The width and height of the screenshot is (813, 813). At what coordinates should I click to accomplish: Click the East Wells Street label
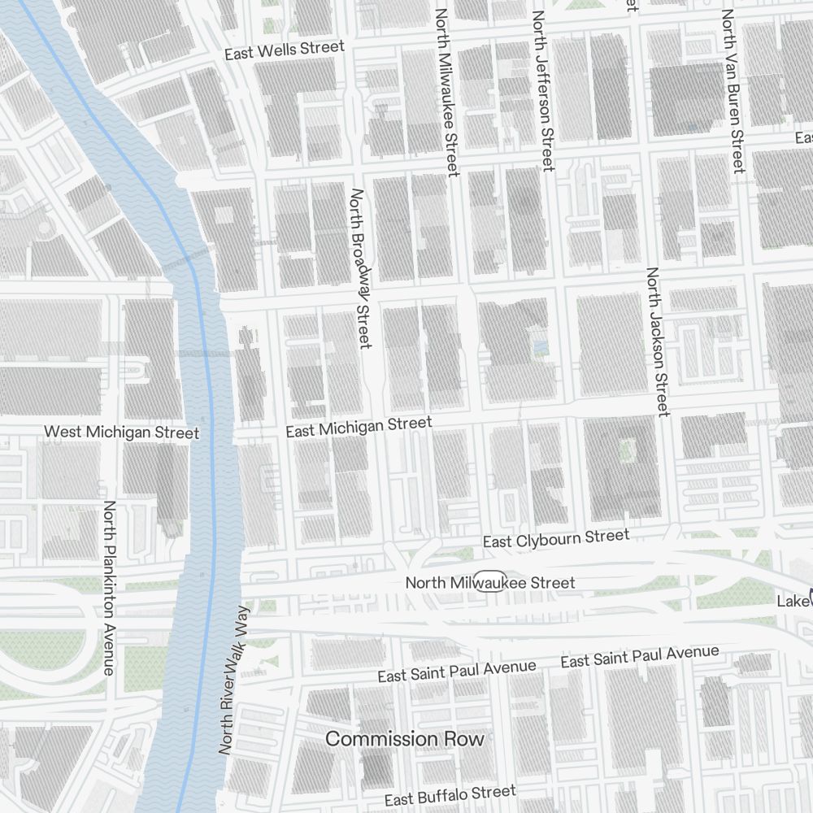(284, 50)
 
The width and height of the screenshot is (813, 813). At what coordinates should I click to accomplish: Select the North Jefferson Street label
(542, 90)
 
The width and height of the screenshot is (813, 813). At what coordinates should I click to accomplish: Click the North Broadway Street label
(359, 268)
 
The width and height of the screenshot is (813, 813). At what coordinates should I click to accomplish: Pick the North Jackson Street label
(657, 341)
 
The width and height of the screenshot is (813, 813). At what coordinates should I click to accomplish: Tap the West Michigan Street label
(121, 432)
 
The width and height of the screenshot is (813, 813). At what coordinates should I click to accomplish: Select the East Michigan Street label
(359, 427)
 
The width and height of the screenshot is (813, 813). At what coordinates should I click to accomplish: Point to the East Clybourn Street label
(555, 538)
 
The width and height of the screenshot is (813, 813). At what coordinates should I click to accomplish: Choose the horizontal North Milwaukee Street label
(489, 583)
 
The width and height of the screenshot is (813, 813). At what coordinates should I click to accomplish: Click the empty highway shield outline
(491, 582)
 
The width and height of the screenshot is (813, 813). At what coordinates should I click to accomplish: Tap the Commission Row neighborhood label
(404, 739)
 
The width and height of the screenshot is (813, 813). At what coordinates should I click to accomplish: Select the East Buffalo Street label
(450, 795)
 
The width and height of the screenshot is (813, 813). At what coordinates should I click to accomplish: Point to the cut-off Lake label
(794, 601)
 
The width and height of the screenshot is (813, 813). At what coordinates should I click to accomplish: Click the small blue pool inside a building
(540, 349)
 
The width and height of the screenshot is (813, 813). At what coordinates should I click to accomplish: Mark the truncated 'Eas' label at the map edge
(803, 137)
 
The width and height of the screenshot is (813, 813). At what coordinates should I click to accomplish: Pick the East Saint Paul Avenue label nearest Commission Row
(456, 672)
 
